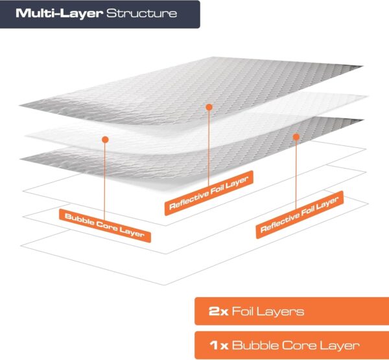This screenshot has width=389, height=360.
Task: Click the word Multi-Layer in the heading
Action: (x=59, y=13)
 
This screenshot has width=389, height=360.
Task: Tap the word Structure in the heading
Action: (x=141, y=13)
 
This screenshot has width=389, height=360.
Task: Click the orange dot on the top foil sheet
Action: (x=209, y=107)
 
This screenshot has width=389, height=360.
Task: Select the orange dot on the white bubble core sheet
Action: (x=105, y=139)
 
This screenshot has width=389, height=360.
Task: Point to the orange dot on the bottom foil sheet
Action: (x=296, y=137)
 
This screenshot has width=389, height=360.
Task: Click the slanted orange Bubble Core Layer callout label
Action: (x=105, y=226)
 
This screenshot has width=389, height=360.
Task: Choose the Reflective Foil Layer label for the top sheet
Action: (x=209, y=193)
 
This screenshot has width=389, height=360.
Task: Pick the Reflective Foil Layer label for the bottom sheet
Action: (x=300, y=215)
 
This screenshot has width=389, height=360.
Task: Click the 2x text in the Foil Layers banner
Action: (x=218, y=311)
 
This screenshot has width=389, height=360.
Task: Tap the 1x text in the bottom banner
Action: (x=219, y=345)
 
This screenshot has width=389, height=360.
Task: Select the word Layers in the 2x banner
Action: (x=280, y=312)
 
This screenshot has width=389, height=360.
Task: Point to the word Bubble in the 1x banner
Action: (x=255, y=345)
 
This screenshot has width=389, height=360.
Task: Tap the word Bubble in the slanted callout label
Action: (x=79, y=219)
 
